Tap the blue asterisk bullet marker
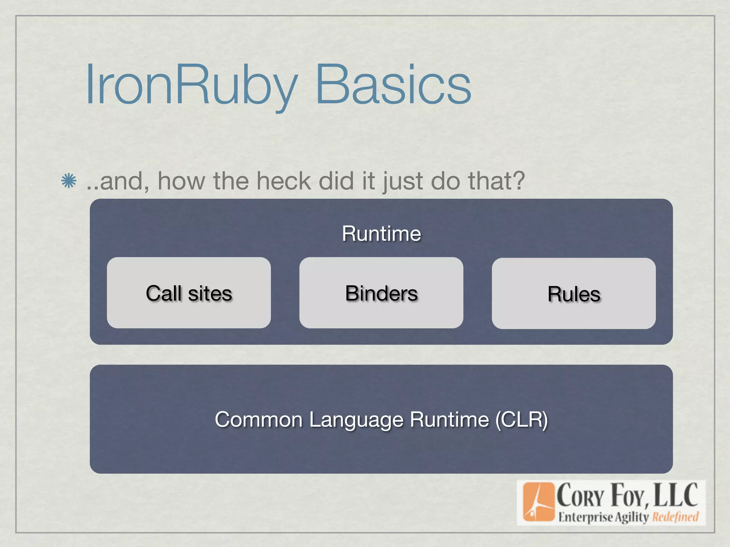click(x=68, y=181)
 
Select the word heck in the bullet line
click(x=284, y=181)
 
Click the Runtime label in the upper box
click(x=381, y=234)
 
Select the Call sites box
click(x=189, y=293)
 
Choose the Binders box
click(x=381, y=293)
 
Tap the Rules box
click(x=574, y=293)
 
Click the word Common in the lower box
click(x=258, y=419)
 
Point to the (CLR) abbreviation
click(x=521, y=420)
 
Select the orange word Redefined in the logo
click(x=675, y=517)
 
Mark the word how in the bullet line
click(x=181, y=181)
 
